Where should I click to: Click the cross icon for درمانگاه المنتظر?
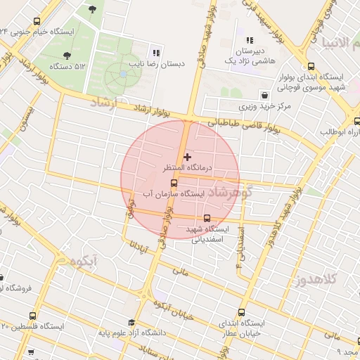tap(187, 156)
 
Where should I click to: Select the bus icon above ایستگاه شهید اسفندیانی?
tap(207, 219)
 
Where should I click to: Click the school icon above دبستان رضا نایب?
tap(156, 52)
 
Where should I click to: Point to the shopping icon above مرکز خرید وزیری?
tap(264, 95)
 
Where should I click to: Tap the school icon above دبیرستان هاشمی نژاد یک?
tap(250, 41)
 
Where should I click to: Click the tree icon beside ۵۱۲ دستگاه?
tap(67, 55)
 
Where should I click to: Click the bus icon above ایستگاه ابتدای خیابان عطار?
tap(242, 312)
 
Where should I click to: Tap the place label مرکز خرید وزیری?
tap(264, 107)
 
